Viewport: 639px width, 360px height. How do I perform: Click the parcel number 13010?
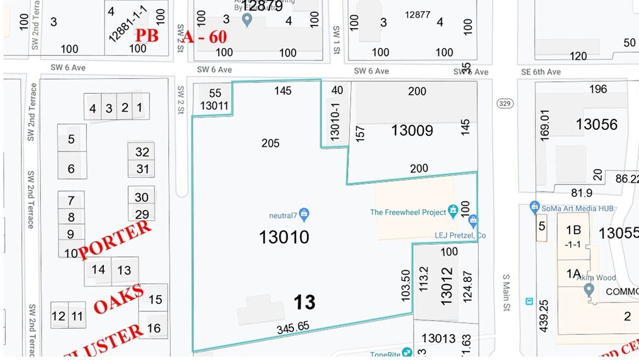click(284, 237)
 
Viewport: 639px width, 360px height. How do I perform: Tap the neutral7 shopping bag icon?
click(304, 214)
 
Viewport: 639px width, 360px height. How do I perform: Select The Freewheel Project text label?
click(407, 212)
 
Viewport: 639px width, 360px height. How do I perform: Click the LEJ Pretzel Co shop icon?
click(473, 221)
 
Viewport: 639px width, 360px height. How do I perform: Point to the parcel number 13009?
click(412, 131)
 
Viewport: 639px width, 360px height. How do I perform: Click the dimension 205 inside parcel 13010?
click(270, 143)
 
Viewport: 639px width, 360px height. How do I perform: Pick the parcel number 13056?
click(596, 124)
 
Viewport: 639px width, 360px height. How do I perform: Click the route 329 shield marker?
click(504, 104)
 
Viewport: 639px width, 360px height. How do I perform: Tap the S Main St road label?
click(507, 294)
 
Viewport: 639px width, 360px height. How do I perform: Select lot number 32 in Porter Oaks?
click(142, 152)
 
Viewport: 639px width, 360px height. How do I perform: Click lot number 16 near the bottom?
click(154, 329)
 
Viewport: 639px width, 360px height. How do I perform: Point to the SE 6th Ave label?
click(544, 71)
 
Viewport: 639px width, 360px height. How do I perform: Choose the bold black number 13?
click(304, 302)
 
